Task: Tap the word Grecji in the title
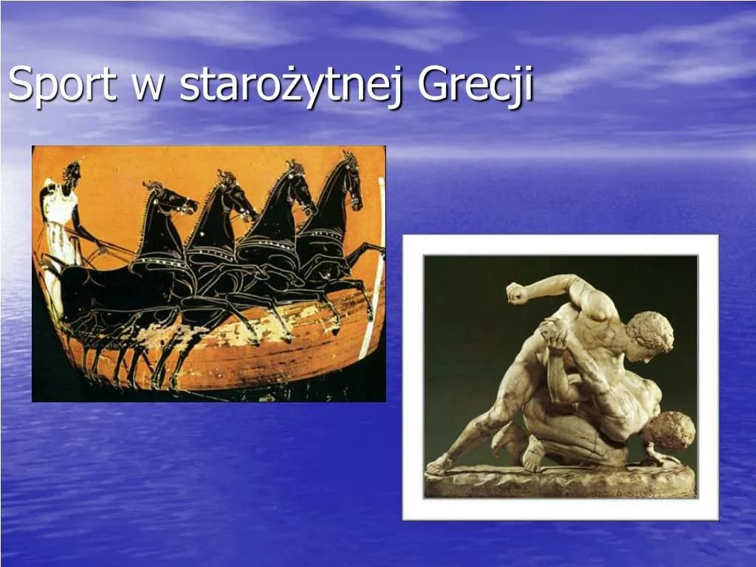click(475, 85)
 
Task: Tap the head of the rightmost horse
click(350, 181)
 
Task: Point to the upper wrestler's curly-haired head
click(649, 332)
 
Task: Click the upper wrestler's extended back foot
click(439, 465)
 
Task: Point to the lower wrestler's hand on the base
click(661, 458)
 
